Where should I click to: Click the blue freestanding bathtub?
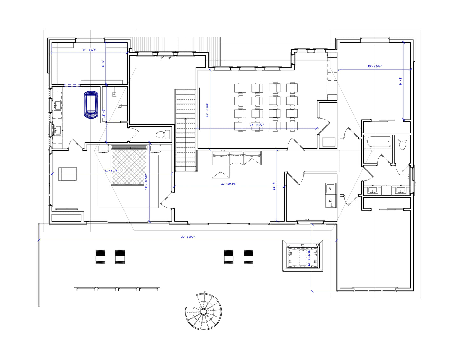tap(91, 105)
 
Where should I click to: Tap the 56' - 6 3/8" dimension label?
tap(188, 237)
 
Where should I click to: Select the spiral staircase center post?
tap(203, 311)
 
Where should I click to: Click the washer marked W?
tap(331, 188)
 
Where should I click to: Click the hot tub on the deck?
tap(303, 256)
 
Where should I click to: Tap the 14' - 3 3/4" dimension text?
tap(89, 50)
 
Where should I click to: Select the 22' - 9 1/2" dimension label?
tap(257, 125)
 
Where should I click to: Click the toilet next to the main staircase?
tap(163, 135)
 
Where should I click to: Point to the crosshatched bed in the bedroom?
tap(129, 165)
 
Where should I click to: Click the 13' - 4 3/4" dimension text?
tap(375, 66)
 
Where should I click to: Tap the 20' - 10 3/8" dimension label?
tap(229, 183)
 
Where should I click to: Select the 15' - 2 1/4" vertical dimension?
tap(207, 110)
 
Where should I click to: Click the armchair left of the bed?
tap(68, 174)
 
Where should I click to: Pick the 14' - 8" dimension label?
tap(400, 81)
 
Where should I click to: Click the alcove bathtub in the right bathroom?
tap(378, 141)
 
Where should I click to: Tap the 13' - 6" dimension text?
tap(274, 185)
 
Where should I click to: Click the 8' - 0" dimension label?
tap(103, 63)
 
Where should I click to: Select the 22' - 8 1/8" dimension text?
tap(111, 170)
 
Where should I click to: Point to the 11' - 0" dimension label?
tap(104, 113)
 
